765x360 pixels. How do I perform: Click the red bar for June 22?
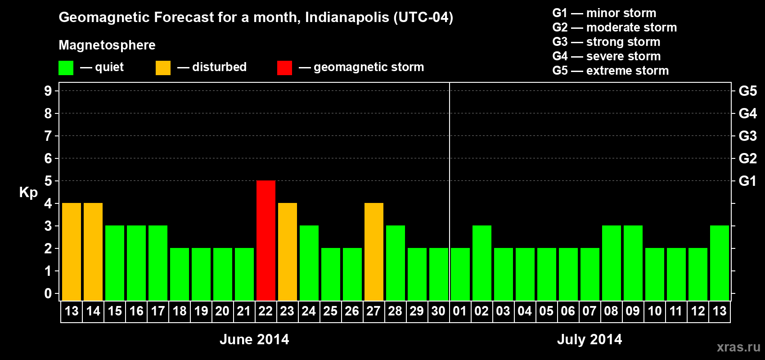[x=265, y=240]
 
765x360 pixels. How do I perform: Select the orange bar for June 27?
[x=373, y=252]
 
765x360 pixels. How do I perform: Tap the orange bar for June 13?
[x=71, y=252]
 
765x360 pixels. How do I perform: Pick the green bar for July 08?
[x=611, y=263]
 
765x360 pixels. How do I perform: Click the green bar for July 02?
[x=481, y=263]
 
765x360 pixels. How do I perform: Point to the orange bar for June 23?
[x=287, y=252]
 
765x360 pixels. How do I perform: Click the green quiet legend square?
[x=66, y=68]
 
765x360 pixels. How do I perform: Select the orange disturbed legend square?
[x=163, y=68]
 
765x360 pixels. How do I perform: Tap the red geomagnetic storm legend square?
[x=284, y=68]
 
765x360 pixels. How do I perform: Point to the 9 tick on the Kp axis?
[x=48, y=91]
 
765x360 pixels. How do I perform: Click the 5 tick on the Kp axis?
[x=48, y=181]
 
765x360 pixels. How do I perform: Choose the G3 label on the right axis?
[x=747, y=136]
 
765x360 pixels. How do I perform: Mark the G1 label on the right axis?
[x=747, y=181]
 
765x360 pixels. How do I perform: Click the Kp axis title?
[x=28, y=193]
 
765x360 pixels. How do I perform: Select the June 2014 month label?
[x=254, y=339]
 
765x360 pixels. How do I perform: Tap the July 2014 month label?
[x=589, y=339]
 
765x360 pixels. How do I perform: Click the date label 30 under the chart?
[x=438, y=311]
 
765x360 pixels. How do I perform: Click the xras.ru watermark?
[x=738, y=347]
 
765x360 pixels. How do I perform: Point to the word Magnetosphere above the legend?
[x=107, y=45]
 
